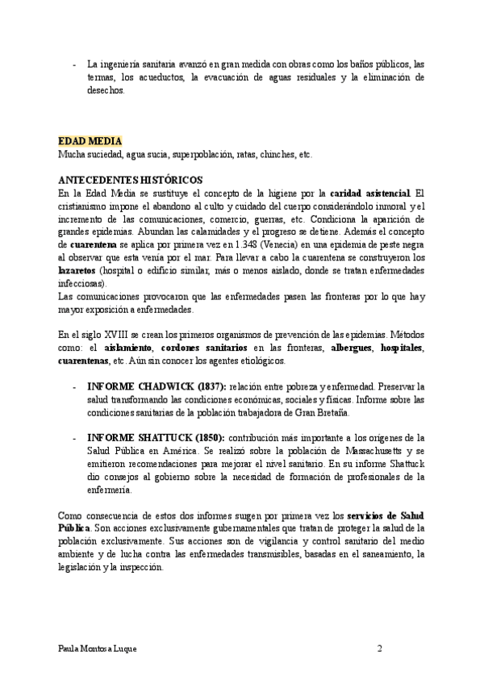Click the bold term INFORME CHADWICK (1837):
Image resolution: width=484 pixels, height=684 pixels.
click(x=156, y=387)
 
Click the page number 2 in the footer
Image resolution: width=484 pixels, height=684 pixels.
click(x=379, y=649)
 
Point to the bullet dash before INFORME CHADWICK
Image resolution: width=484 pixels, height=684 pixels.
click(x=74, y=387)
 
